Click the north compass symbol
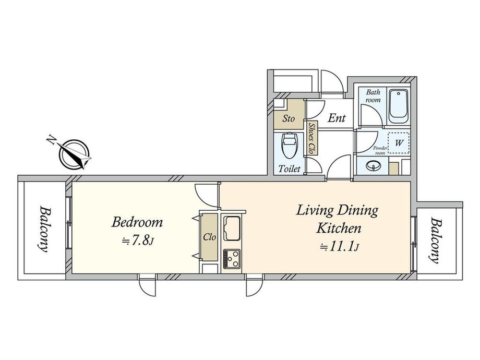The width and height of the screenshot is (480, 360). click(x=74, y=154)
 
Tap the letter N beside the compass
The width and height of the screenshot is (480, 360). click(x=51, y=140)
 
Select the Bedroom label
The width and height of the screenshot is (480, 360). click(x=137, y=222)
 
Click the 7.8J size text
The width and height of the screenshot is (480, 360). click(x=137, y=241)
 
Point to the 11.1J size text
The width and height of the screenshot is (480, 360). click(x=339, y=246)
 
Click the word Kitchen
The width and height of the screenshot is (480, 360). click(x=339, y=228)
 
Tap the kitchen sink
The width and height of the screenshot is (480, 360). click(x=232, y=228)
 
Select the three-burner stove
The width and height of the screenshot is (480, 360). click(x=232, y=259)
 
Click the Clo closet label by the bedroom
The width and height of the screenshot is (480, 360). click(x=210, y=237)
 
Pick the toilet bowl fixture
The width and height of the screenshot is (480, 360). click(x=289, y=145)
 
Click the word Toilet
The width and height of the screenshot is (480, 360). click(x=289, y=169)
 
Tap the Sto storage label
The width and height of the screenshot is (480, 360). click(x=288, y=118)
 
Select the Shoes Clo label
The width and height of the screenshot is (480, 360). click(x=311, y=138)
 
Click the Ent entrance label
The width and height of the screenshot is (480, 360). click(x=337, y=118)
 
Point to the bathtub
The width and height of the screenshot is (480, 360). click(x=398, y=106)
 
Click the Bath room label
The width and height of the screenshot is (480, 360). click(x=373, y=96)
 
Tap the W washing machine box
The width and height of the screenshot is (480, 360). click(x=399, y=143)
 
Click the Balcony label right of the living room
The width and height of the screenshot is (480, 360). click(x=435, y=241)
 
